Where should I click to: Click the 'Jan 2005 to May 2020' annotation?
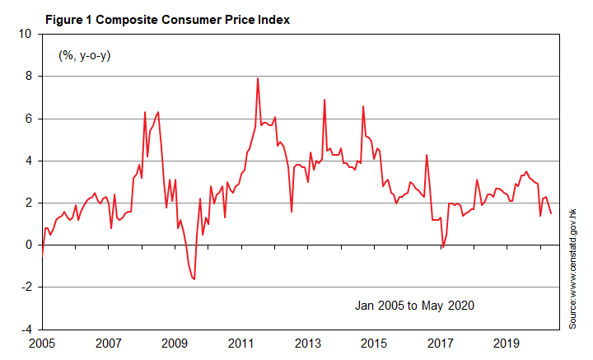point(414,306)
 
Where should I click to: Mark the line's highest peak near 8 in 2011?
point(258,78)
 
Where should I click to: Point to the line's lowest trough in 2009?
point(194,279)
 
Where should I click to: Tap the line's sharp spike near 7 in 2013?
point(325,100)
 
